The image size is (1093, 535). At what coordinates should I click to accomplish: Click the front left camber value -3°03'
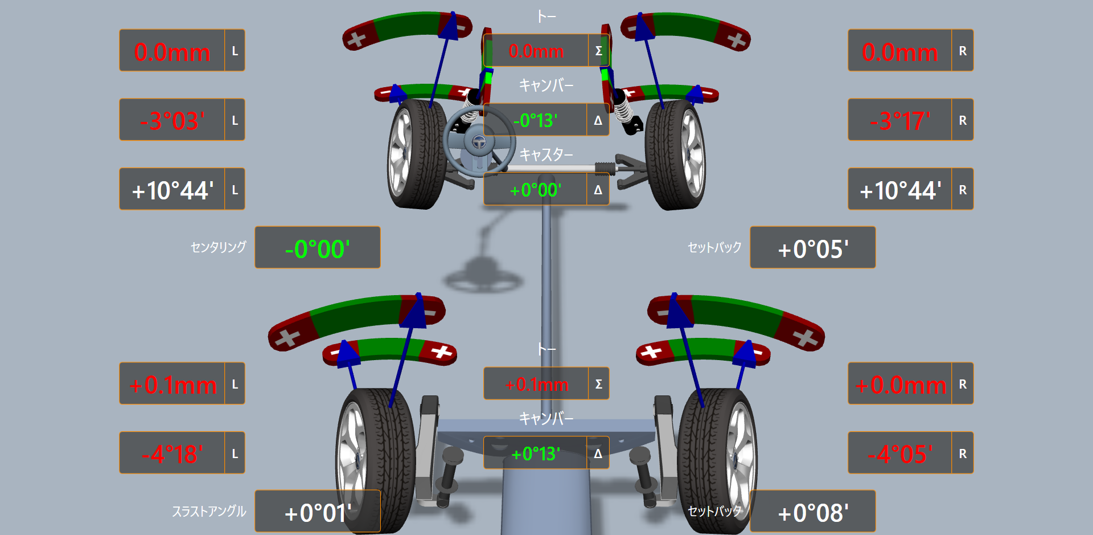[172, 121]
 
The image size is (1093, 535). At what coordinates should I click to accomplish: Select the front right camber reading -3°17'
[900, 121]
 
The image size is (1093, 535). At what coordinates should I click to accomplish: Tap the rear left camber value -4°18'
[172, 454]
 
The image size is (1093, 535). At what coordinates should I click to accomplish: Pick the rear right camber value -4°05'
[900, 454]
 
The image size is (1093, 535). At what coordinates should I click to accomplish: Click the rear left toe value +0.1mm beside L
[172, 385]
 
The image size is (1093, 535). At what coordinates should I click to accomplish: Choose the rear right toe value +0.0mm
[900, 385]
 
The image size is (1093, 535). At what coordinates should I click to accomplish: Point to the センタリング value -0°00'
[318, 249]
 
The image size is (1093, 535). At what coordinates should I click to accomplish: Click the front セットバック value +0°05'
[813, 249]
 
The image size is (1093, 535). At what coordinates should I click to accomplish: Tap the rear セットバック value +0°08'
[813, 513]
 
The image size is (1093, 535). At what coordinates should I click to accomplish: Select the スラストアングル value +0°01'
[318, 513]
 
